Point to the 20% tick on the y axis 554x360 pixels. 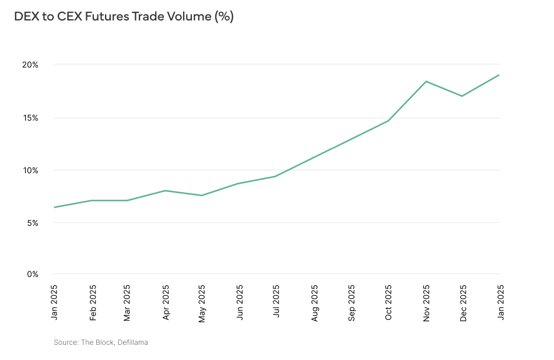[30, 65]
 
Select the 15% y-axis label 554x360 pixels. [30, 118]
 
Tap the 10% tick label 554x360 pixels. [30, 170]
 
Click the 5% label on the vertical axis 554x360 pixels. [32, 223]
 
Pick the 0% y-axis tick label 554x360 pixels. [32, 274]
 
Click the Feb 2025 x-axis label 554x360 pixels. [92, 302]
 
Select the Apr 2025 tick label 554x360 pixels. [166, 302]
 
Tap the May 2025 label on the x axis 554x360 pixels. [202, 302]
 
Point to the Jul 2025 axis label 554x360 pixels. [276, 302]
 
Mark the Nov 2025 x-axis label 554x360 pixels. [426, 302]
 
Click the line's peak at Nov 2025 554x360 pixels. [426, 81]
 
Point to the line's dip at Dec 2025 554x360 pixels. [462, 96]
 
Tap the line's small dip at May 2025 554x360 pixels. [202, 195]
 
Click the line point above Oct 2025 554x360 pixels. [388, 121]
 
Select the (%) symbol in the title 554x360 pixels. [224, 17]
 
